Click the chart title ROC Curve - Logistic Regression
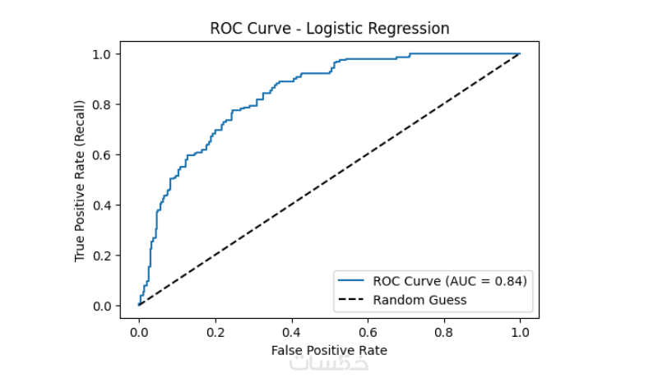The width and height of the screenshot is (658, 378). (330, 28)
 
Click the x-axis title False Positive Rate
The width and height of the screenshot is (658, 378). (329, 350)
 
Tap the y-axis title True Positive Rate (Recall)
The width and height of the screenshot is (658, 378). (80, 182)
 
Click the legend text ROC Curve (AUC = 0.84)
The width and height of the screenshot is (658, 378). (450, 281)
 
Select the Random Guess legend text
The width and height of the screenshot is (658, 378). (419, 300)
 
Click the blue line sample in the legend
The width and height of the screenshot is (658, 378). (352, 281)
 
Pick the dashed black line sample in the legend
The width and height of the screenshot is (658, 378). (352, 300)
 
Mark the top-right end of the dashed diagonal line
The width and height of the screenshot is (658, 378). (520, 53)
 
